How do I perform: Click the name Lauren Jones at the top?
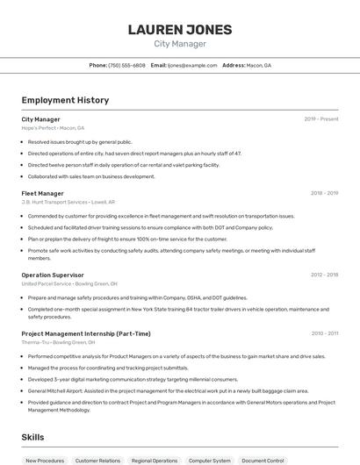pyautogui.click(x=180, y=30)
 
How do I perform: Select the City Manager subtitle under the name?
pyautogui.click(x=180, y=44)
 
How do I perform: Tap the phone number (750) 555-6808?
pyautogui.click(x=126, y=65)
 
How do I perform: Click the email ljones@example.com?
pyautogui.click(x=191, y=65)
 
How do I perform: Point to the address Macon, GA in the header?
pyautogui.click(x=258, y=65)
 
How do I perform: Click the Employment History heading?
pyautogui.click(x=65, y=100)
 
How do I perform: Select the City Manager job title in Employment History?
pyautogui.click(x=41, y=119)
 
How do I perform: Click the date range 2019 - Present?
pyautogui.click(x=320, y=119)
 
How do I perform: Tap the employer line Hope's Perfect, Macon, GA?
pyautogui.click(x=54, y=128)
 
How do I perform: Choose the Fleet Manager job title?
pyautogui.click(x=43, y=193)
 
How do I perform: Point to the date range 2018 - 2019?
pyautogui.click(x=324, y=193)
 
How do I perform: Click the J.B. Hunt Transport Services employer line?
pyautogui.click(x=68, y=202)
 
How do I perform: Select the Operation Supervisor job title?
pyautogui.click(x=54, y=275)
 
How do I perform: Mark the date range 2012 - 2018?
pyautogui.click(x=324, y=275)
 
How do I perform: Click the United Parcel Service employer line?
pyautogui.click(x=69, y=283)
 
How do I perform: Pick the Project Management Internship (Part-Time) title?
pyautogui.click(x=86, y=333)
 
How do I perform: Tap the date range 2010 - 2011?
pyautogui.click(x=324, y=333)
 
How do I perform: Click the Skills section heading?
pyautogui.click(x=33, y=436)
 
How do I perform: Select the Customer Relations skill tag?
pyautogui.click(x=97, y=461)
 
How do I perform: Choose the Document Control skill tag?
pyautogui.click(x=263, y=461)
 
